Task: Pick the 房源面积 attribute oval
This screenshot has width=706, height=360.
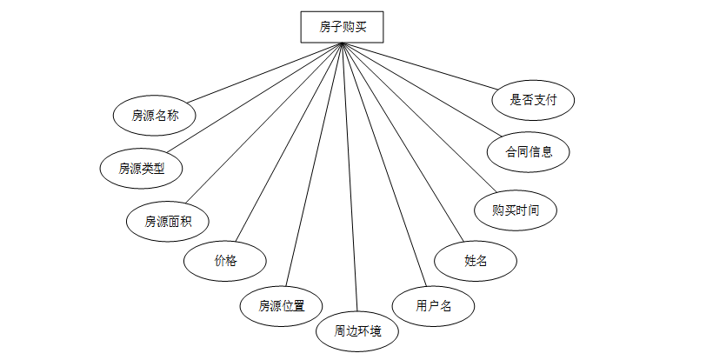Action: coord(168,221)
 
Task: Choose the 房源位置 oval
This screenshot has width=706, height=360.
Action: coord(282,305)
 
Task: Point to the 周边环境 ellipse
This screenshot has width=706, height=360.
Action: coord(357,330)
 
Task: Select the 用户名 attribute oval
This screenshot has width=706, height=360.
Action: coord(433,305)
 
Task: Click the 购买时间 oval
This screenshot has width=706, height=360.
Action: coord(516,210)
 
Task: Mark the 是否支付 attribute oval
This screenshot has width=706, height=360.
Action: coord(534,99)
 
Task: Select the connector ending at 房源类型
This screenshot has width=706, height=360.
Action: coord(256,97)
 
